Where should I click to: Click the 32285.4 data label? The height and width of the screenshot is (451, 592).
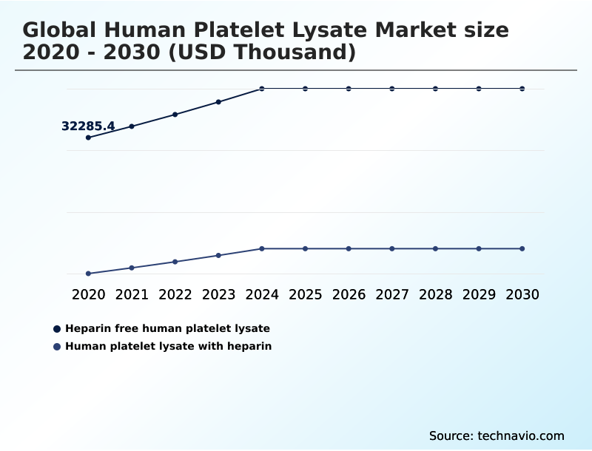click(x=88, y=126)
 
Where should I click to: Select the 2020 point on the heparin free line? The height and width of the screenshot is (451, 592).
click(x=89, y=138)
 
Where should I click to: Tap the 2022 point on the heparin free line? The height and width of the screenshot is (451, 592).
click(x=175, y=115)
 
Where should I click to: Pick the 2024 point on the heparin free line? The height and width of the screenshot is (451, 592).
click(x=262, y=89)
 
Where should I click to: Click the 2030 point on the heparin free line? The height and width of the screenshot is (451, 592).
click(x=522, y=89)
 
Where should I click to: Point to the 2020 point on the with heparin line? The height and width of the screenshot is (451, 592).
click(x=89, y=274)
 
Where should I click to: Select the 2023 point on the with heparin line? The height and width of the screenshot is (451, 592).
click(x=218, y=256)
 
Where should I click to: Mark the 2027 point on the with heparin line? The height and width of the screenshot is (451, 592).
click(x=392, y=248)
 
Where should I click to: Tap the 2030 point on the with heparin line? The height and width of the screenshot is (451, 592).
click(x=522, y=248)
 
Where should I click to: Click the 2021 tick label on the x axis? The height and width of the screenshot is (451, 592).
click(x=132, y=294)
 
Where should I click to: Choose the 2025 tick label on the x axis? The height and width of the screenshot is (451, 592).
click(x=305, y=294)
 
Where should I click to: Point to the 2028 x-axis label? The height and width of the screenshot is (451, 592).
click(x=435, y=294)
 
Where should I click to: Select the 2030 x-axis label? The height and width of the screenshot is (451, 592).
click(x=522, y=294)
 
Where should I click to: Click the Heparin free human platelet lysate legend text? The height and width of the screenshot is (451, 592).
click(x=167, y=328)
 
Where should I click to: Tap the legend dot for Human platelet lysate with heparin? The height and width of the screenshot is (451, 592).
click(x=57, y=346)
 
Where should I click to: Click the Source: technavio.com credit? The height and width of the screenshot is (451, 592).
click(x=497, y=435)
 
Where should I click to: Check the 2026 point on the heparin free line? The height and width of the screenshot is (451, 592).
click(x=349, y=89)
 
